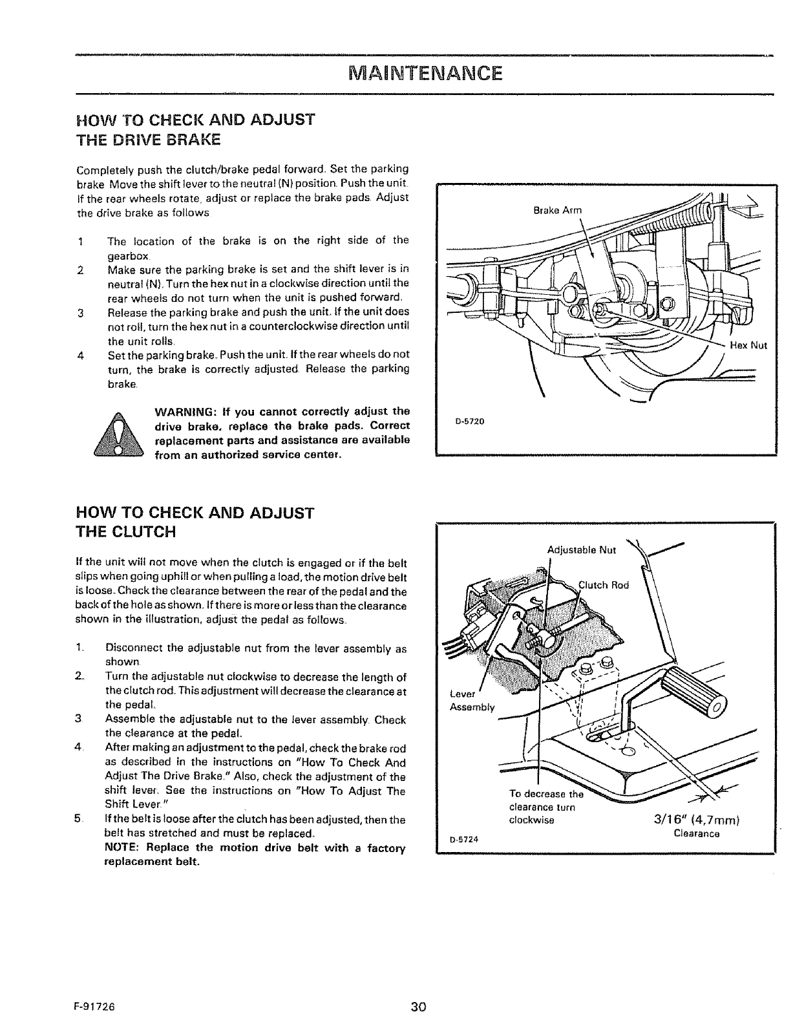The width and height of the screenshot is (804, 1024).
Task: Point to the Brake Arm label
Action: click(558, 210)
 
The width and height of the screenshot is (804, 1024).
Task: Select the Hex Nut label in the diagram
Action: click(748, 345)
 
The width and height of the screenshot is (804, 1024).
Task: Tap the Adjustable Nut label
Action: click(582, 551)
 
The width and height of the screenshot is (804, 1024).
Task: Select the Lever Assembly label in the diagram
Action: click(471, 701)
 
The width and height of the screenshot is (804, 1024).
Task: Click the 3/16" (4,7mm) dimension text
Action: click(692, 821)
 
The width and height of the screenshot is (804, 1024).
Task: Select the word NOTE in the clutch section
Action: click(120, 848)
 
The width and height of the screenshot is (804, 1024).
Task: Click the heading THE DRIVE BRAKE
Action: click(148, 139)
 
